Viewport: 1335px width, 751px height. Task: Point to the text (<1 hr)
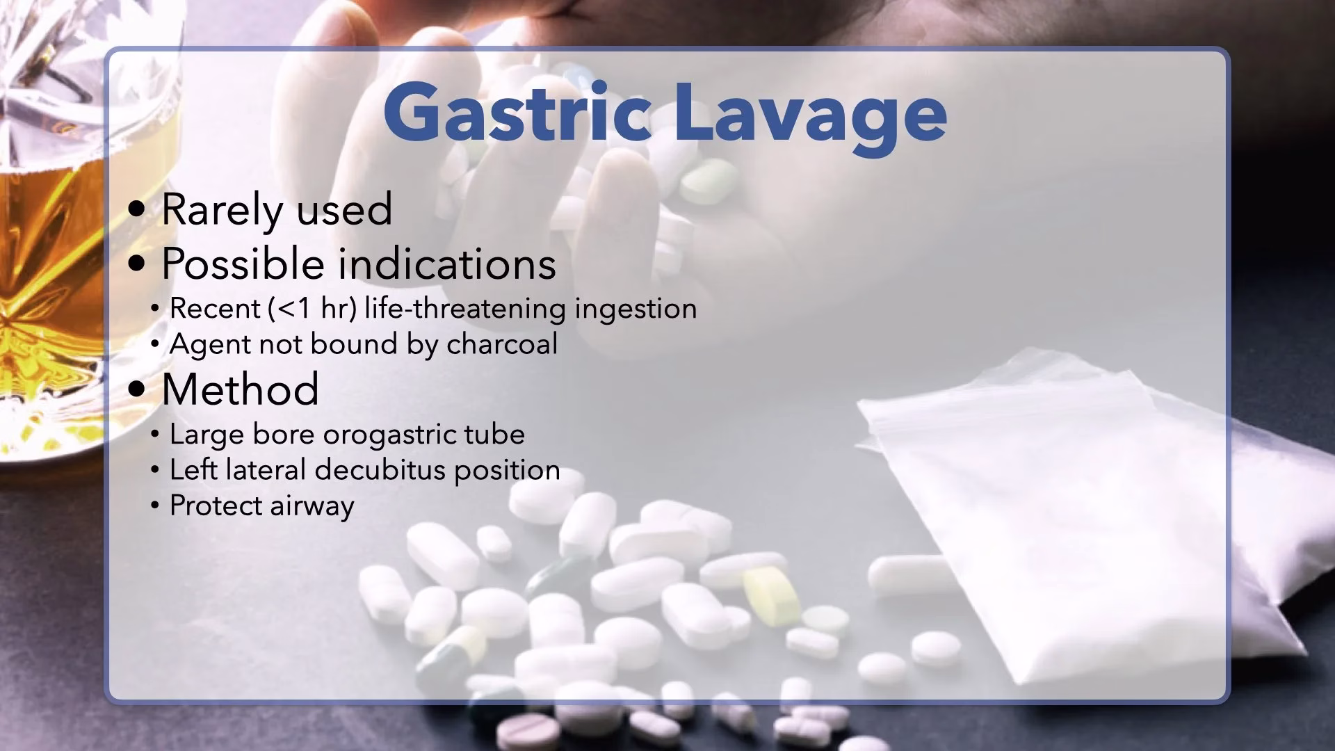pos(312,309)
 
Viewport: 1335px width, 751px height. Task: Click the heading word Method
pos(241,389)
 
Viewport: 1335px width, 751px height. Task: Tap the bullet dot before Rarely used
pos(138,210)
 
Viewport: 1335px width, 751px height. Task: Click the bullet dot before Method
pos(138,390)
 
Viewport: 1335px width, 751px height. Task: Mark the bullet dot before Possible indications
pos(138,265)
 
